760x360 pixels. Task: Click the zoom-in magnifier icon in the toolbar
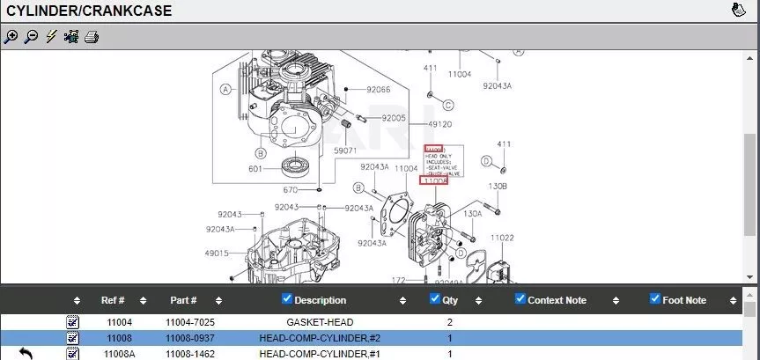pyautogui.click(x=11, y=37)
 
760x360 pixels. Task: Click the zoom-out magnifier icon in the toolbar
pyautogui.click(x=31, y=37)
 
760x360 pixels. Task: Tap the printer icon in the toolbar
pyautogui.click(x=92, y=37)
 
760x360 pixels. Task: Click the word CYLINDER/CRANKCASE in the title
pyautogui.click(x=89, y=11)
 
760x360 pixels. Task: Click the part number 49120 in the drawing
pyautogui.click(x=440, y=124)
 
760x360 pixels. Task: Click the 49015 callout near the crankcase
pyautogui.click(x=217, y=253)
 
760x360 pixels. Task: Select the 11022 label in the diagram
pyautogui.click(x=502, y=238)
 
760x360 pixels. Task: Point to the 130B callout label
pyautogui.click(x=498, y=187)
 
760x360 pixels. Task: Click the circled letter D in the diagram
pyautogui.click(x=485, y=161)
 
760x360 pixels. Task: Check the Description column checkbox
pyautogui.click(x=287, y=299)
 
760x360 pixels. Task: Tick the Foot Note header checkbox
pyautogui.click(x=654, y=299)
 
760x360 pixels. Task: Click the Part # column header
pyautogui.click(x=182, y=300)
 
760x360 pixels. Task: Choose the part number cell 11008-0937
pyautogui.click(x=189, y=338)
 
